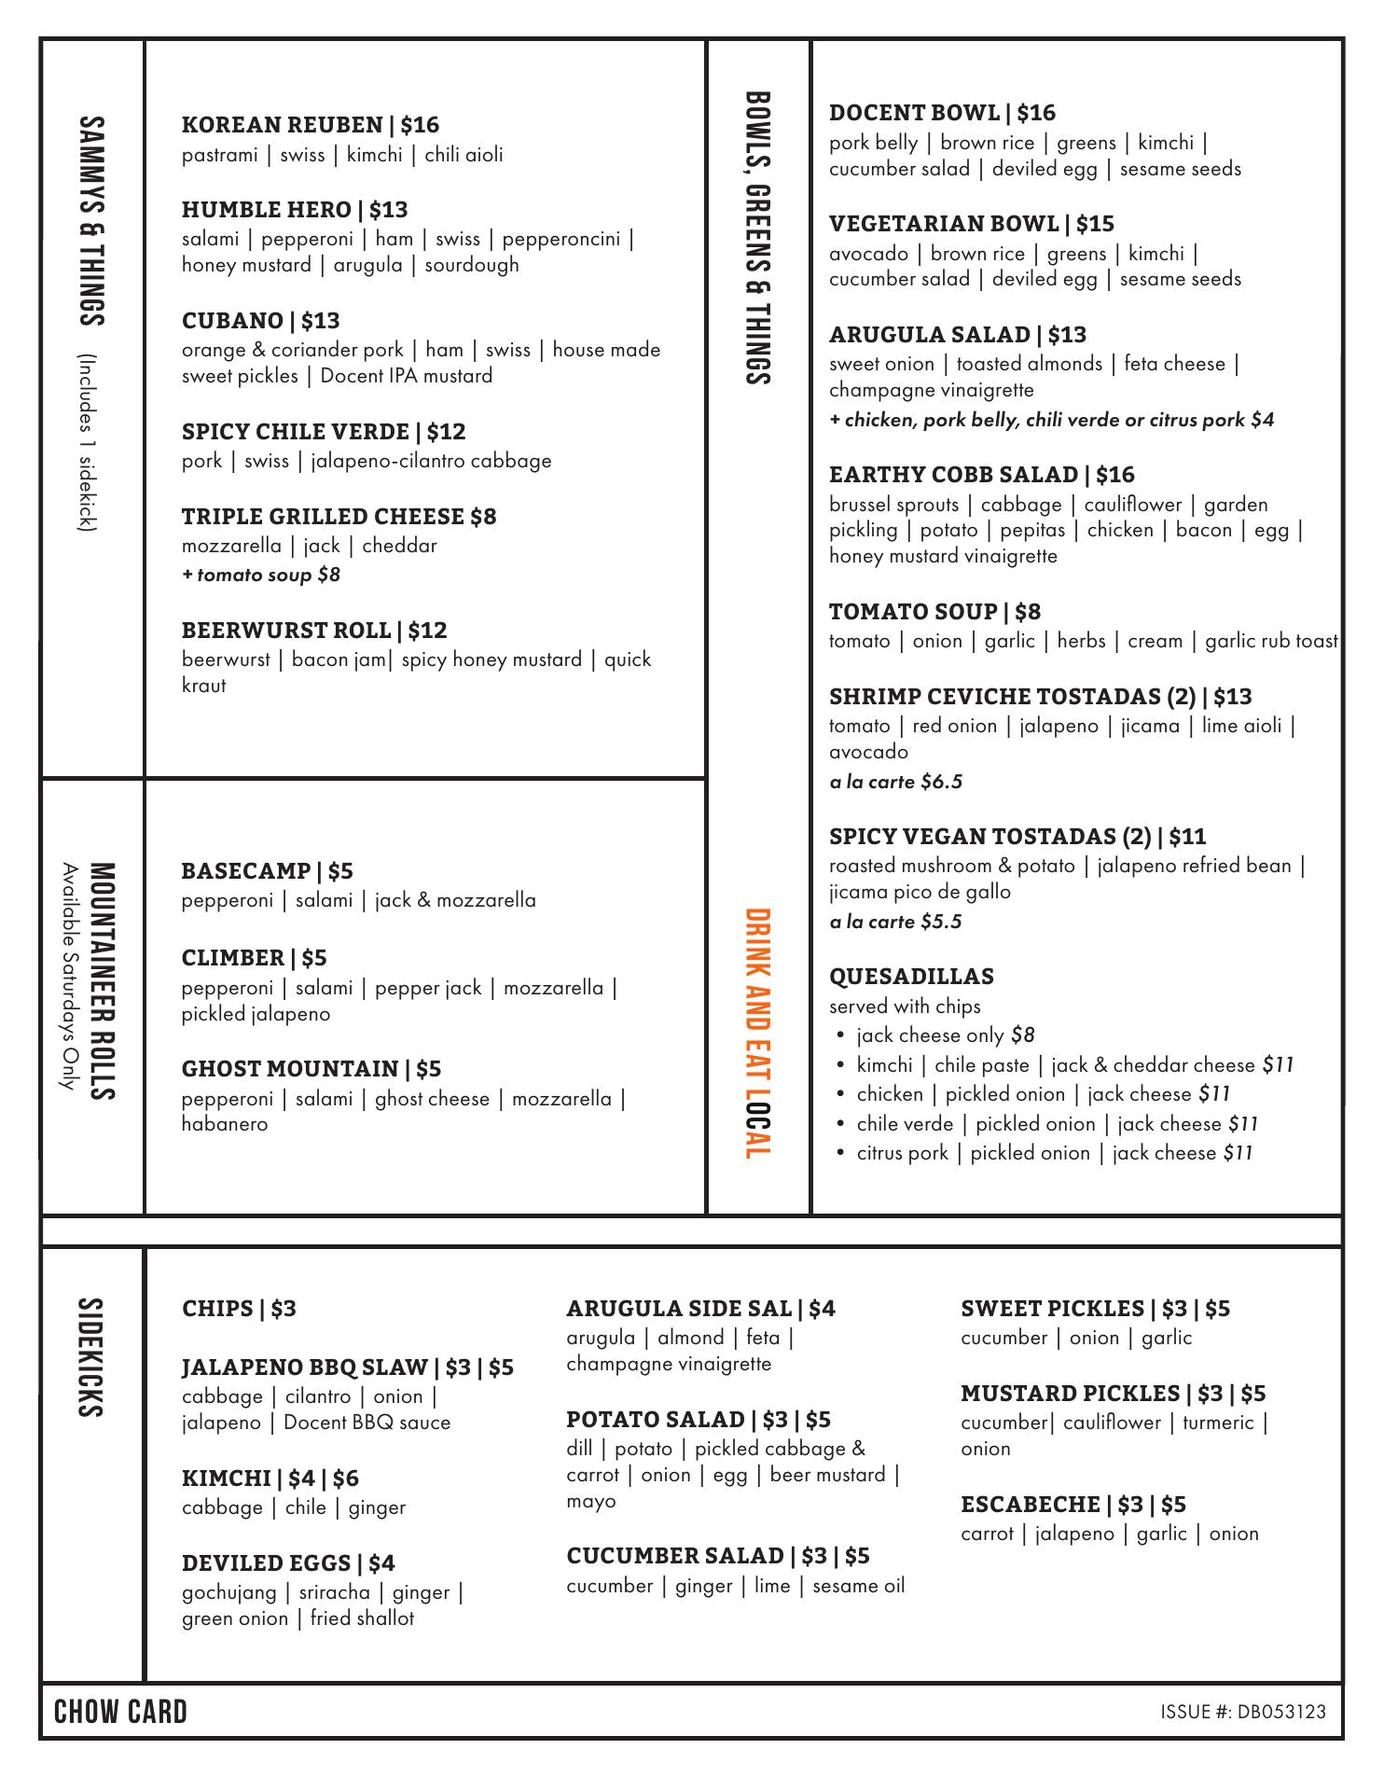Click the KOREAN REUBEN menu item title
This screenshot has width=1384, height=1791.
(x=283, y=125)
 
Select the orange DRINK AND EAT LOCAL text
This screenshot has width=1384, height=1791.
(x=757, y=1034)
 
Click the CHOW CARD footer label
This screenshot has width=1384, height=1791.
(x=121, y=1712)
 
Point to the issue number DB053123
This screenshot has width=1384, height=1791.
(x=1281, y=1712)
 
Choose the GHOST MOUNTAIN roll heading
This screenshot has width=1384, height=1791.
(x=290, y=1069)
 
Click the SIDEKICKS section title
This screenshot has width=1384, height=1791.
(x=90, y=1357)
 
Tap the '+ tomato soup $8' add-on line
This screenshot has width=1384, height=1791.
(x=261, y=575)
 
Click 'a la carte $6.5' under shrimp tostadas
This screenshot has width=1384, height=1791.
(x=895, y=782)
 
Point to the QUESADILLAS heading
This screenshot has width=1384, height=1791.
(x=911, y=977)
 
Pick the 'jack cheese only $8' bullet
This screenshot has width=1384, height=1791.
(x=945, y=1035)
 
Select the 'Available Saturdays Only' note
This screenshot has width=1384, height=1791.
(x=68, y=976)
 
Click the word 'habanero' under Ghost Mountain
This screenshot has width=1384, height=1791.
(x=225, y=1124)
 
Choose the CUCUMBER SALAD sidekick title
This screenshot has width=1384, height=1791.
(x=675, y=1556)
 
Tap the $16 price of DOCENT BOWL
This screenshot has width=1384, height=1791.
(x=1036, y=113)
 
